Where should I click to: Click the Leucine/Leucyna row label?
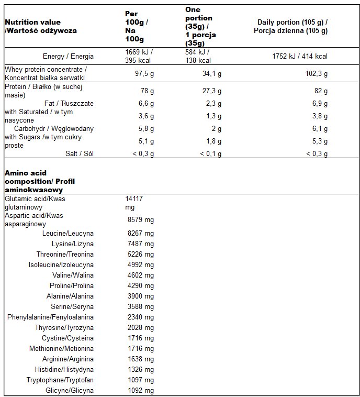tap(68, 233)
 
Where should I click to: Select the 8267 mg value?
tap(140, 233)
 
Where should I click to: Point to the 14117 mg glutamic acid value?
tap(134, 203)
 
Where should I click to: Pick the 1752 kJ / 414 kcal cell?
tap(300, 56)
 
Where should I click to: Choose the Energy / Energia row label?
tap(68, 56)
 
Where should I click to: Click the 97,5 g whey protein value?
tap(144, 74)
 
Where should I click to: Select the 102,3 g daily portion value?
tap(316, 74)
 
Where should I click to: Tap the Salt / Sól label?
tap(78, 153)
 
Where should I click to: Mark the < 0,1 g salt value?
tap(210, 153)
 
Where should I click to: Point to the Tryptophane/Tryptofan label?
tap(60, 380)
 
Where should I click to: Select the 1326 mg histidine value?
tap(140, 369)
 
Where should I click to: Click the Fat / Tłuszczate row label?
tap(72, 103)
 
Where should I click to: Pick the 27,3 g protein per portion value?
tap(211, 91)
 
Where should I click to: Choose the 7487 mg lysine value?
tap(140, 244)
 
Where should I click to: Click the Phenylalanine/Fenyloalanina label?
tap(50, 317)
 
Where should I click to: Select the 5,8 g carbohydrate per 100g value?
tap(146, 128)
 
